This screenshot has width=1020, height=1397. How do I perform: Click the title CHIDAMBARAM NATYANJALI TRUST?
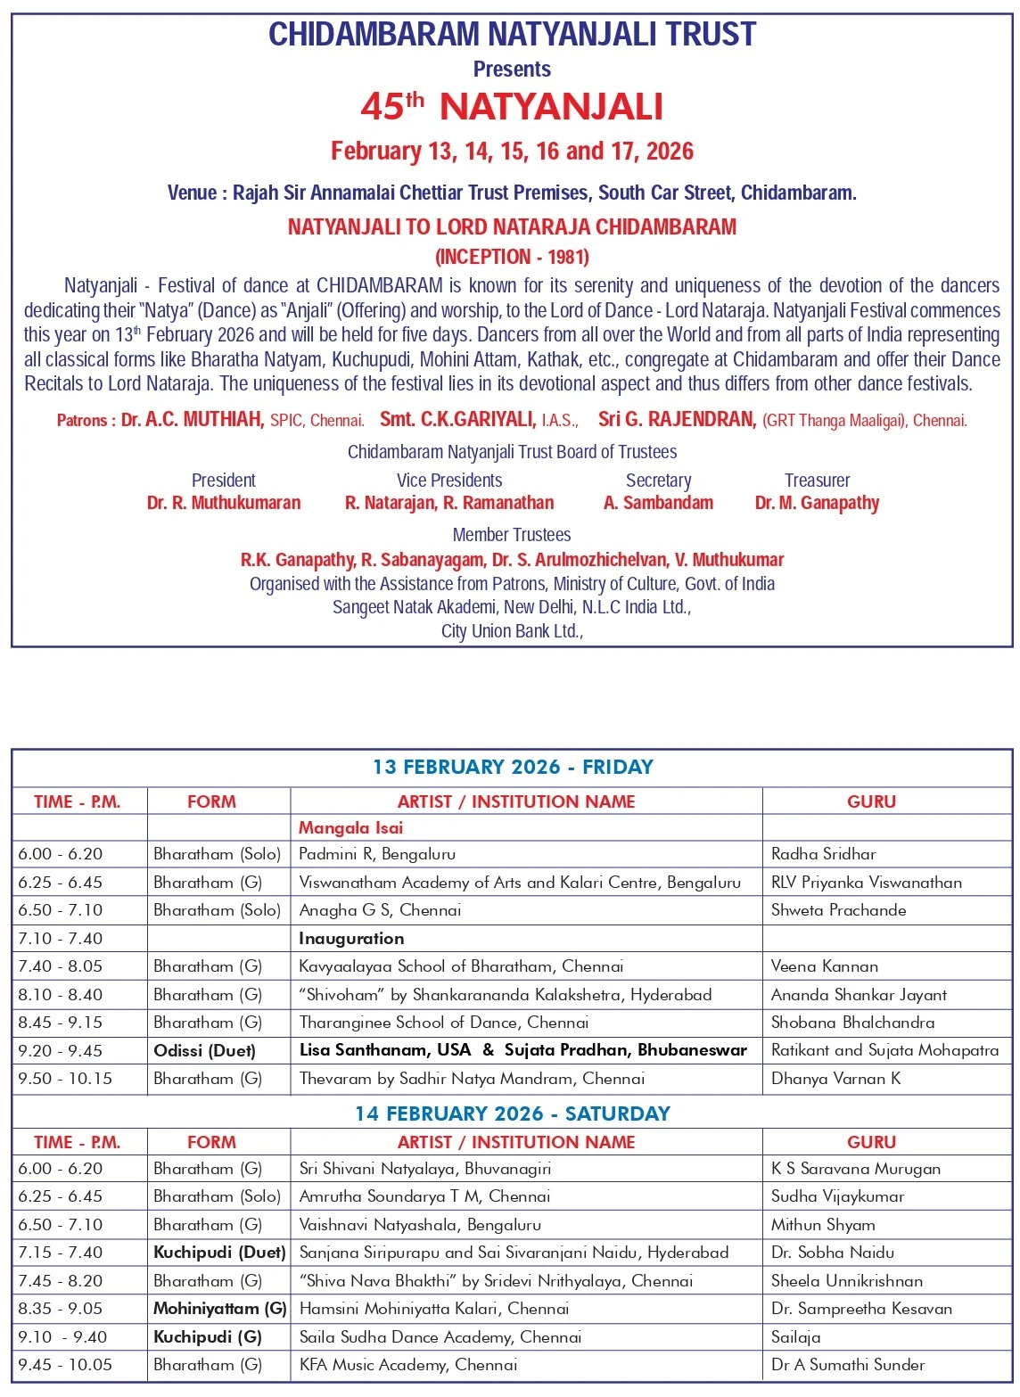(512, 35)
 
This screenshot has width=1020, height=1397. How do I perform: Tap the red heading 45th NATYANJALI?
(512, 107)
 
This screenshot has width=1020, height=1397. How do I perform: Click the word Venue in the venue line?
(192, 193)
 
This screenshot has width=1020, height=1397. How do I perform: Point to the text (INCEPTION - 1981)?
(512, 257)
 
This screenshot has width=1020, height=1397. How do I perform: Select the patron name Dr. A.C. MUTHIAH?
(193, 420)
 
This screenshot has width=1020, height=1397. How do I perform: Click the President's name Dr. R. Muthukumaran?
(224, 503)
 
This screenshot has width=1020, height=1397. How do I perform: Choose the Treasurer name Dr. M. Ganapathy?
(817, 503)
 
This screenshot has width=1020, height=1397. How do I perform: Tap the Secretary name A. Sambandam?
(658, 503)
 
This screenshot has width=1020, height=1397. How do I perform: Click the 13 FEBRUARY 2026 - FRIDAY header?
(513, 767)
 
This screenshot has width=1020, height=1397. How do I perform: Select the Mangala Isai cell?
(350, 827)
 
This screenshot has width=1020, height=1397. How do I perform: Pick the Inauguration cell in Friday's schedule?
(351, 938)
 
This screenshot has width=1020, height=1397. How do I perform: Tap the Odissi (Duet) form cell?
(204, 1050)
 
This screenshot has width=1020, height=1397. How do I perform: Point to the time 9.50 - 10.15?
(65, 1079)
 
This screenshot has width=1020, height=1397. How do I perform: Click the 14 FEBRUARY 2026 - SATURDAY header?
(513, 1113)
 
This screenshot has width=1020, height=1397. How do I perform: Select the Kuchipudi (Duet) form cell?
(219, 1253)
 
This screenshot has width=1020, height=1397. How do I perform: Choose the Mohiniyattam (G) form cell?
(219, 1309)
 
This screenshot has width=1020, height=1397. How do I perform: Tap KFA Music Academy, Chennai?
(407, 1365)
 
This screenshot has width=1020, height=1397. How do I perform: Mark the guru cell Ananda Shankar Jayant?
(859, 995)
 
